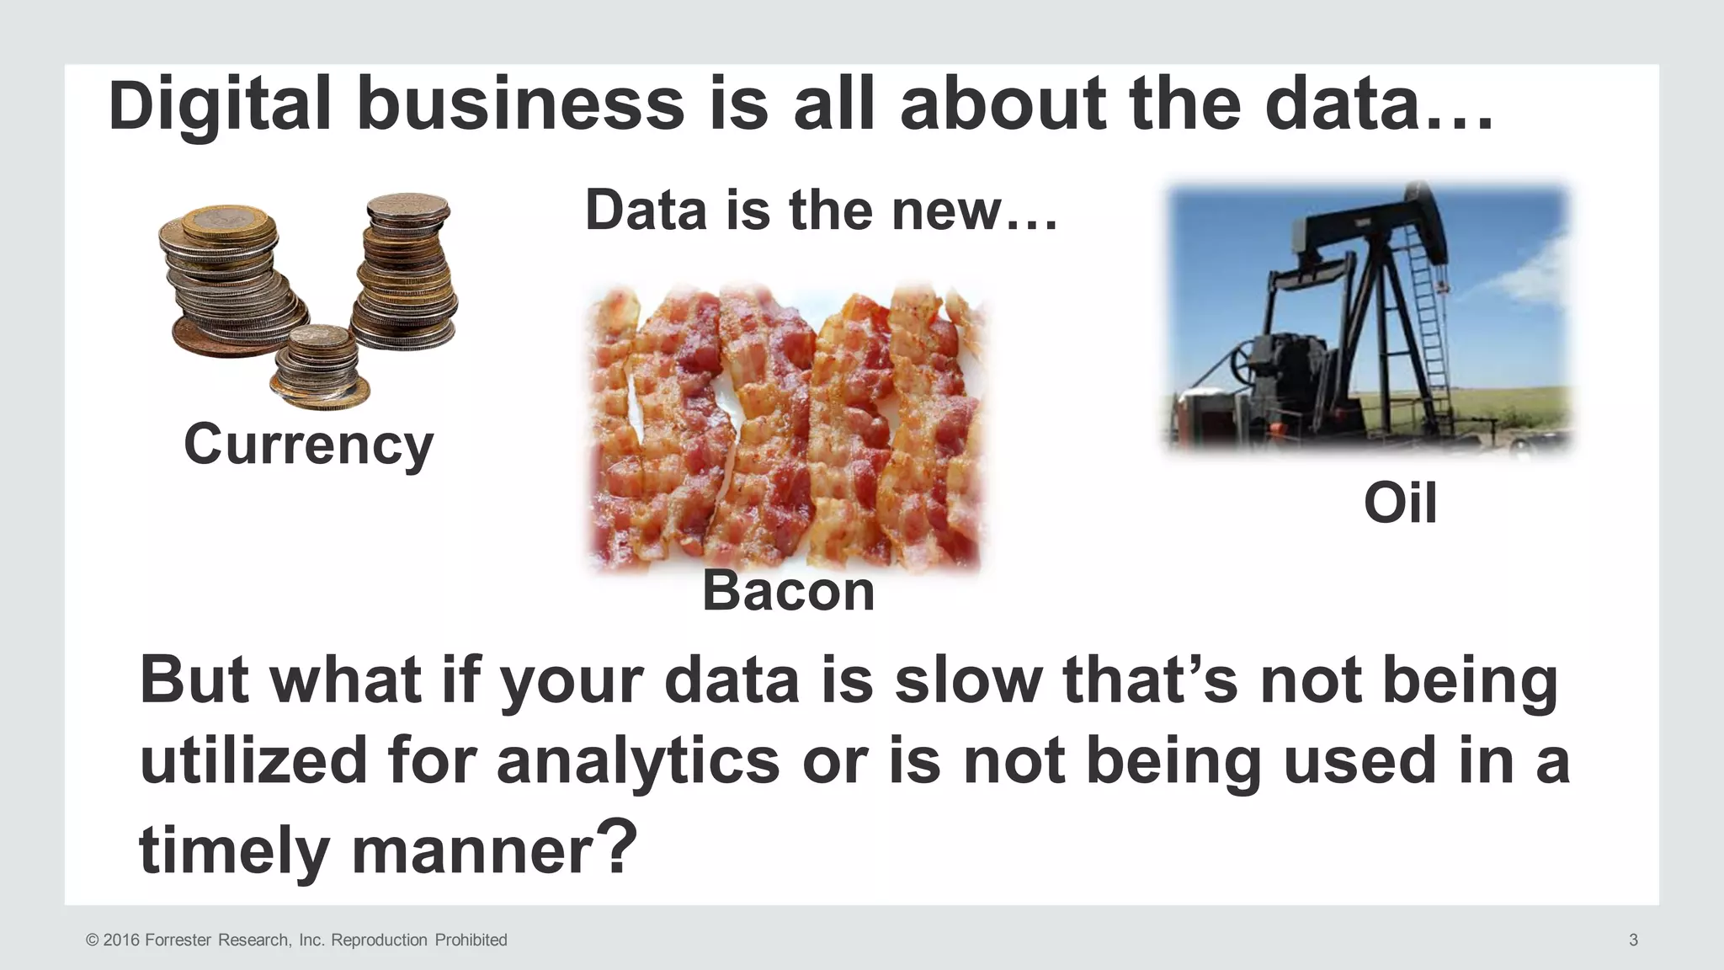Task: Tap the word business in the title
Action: coord(520,106)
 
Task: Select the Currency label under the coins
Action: coord(308,445)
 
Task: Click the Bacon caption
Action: coord(789,591)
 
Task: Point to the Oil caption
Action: coord(1400,504)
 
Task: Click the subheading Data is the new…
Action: coord(821,211)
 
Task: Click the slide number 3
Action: coord(1633,940)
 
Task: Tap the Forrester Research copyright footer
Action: coord(296,940)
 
